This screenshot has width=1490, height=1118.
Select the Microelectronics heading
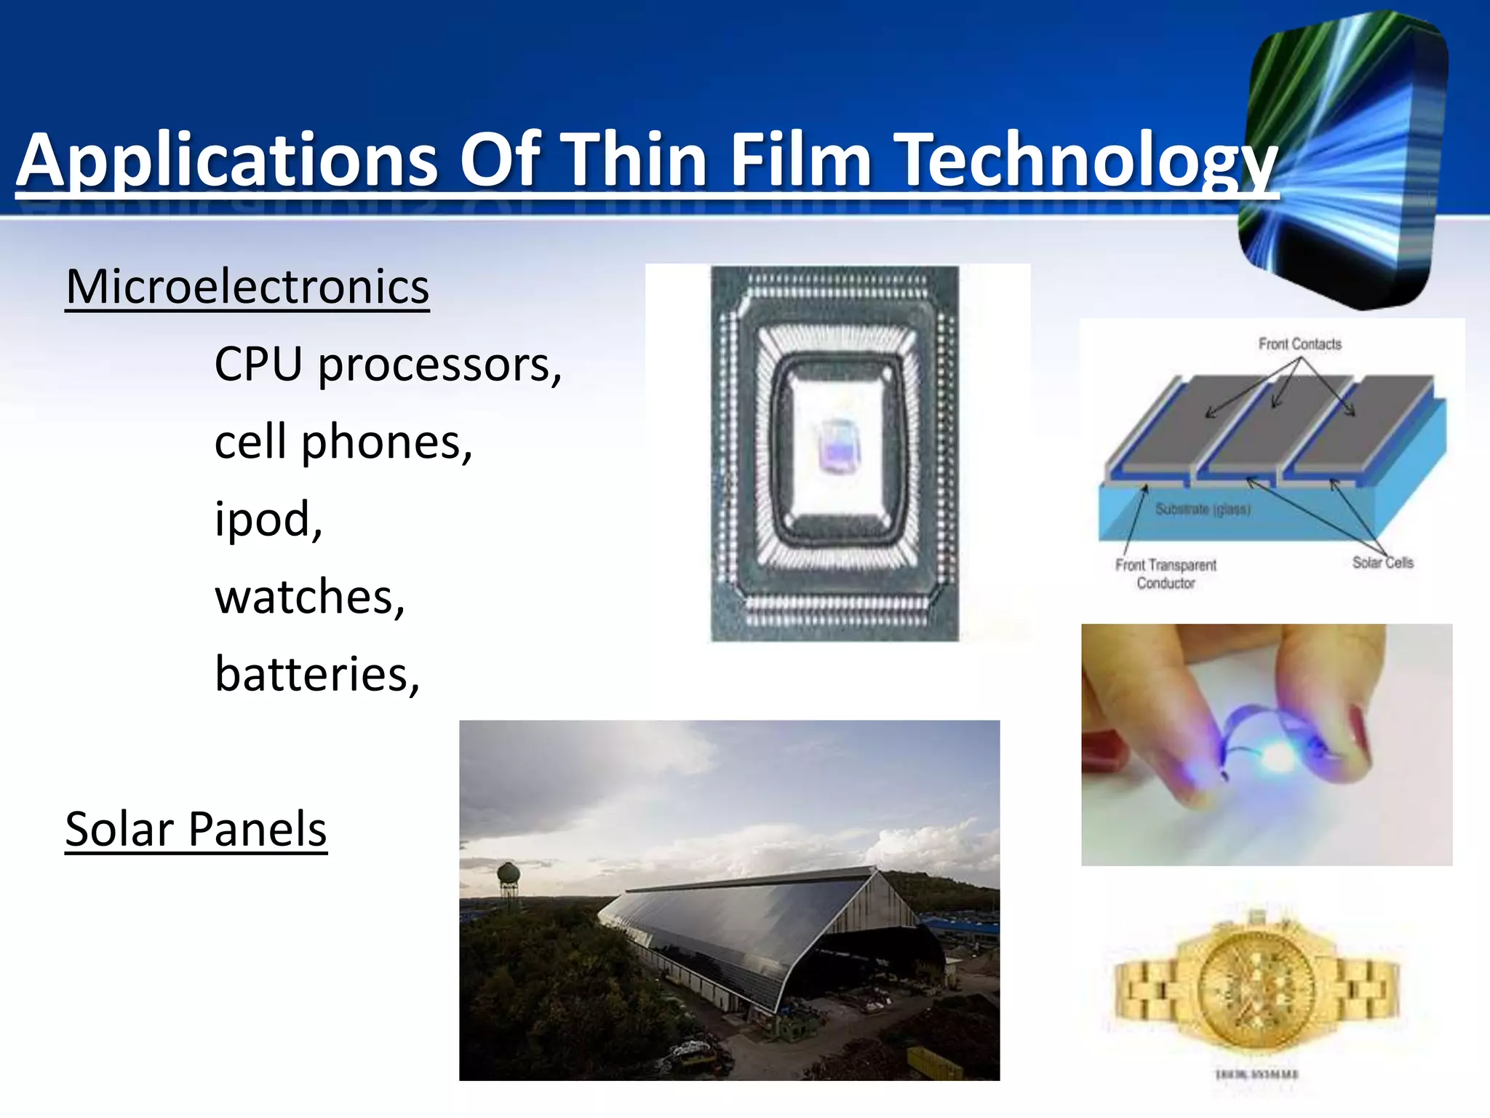(x=247, y=287)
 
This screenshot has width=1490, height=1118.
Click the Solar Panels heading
(x=196, y=829)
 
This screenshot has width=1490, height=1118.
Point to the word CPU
(x=258, y=364)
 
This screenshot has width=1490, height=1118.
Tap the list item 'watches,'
(x=310, y=597)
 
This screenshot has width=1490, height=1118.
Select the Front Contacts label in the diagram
(x=1299, y=344)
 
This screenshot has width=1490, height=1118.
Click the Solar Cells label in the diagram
(x=1382, y=563)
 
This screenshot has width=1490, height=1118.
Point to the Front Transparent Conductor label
(x=1166, y=574)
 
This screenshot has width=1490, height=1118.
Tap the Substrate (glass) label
(x=1203, y=510)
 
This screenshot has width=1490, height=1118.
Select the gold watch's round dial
(x=1256, y=982)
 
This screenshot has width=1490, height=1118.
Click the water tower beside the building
(x=509, y=873)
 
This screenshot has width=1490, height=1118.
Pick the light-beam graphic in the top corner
(x=1346, y=160)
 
